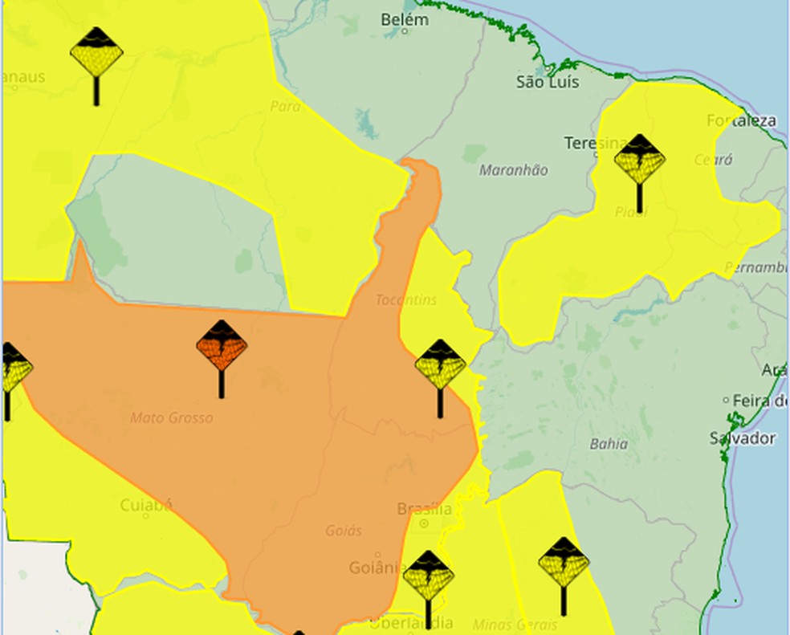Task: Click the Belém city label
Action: pos(405,19)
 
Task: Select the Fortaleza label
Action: pos(741,121)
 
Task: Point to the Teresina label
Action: pos(594,144)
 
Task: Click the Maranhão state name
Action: pos(514,170)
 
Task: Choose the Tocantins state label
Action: pos(406,299)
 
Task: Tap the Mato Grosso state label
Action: pos(172,417)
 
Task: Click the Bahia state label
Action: pos(609,443)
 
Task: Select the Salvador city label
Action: pos(743,438)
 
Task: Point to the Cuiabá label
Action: pos(146,505)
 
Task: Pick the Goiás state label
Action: pos(344,531)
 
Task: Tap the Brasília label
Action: pos(424,509)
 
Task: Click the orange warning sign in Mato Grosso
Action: pos(222,347)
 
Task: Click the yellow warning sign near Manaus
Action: pos(96,53)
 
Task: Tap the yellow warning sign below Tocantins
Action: pos(440,365)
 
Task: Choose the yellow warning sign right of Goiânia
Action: pos(428,576)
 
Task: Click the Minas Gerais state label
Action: pos(515,624)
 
